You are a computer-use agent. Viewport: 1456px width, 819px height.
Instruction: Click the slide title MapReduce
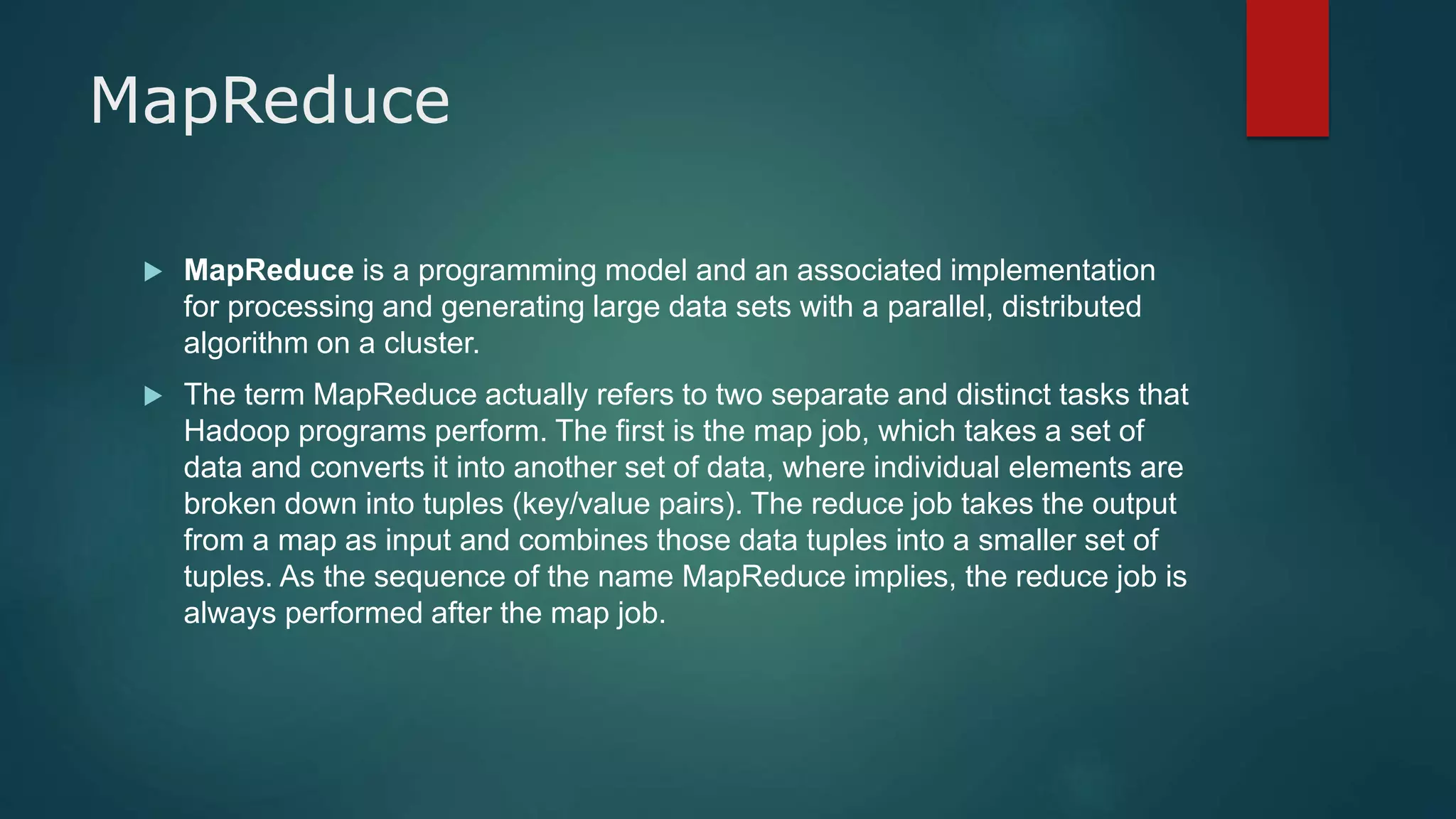pyautogui.click(x=269, y=101)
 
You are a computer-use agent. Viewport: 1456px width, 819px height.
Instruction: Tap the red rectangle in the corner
pyautogui.click(x=1287, y=68)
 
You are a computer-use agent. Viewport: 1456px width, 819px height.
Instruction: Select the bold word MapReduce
pyautogui.click(x=269, y=270)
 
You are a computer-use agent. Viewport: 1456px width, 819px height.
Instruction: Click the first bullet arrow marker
pyautogui.click(x=153, y=271)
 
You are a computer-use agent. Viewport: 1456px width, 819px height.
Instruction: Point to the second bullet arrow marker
pyautogui.click(x=153, y=395)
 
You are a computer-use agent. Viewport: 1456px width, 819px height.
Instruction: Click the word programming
pyautogui.click(x=506, y=271)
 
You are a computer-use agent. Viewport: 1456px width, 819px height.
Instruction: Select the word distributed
pyautogui.click(x=1071, y=307)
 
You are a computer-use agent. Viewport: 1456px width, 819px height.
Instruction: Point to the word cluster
pyautogui.click(x=431, y=344)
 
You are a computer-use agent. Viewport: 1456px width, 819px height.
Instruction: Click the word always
pyautogui.click(x=230, y=613)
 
